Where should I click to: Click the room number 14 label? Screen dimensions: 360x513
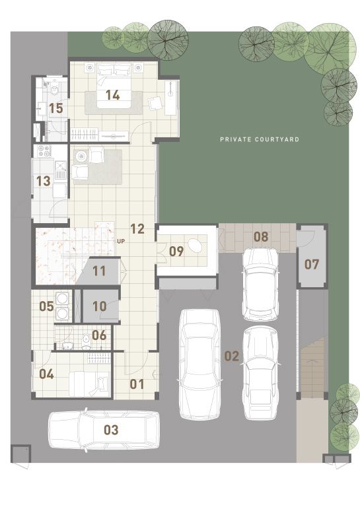112,95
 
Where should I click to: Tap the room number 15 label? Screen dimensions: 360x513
55,108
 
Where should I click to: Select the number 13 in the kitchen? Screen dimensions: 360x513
43,181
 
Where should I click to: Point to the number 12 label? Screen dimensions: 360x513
137,228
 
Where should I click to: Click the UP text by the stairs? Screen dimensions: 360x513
121,242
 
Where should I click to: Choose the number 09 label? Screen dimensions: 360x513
176,252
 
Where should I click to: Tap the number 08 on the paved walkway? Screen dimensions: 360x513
261,236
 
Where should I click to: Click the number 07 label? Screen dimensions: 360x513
311,264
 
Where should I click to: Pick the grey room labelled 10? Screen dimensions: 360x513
100,306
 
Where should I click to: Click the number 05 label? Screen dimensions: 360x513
46,306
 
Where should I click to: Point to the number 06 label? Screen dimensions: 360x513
99,335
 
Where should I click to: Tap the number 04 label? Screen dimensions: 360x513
46,374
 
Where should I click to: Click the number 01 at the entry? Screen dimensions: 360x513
137,384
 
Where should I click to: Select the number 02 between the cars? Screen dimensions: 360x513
231,356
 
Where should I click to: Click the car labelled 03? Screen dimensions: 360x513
104,430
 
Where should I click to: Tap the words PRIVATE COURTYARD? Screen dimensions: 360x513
260,139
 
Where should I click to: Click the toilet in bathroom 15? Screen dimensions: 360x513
54,87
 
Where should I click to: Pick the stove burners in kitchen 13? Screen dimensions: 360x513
45,151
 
